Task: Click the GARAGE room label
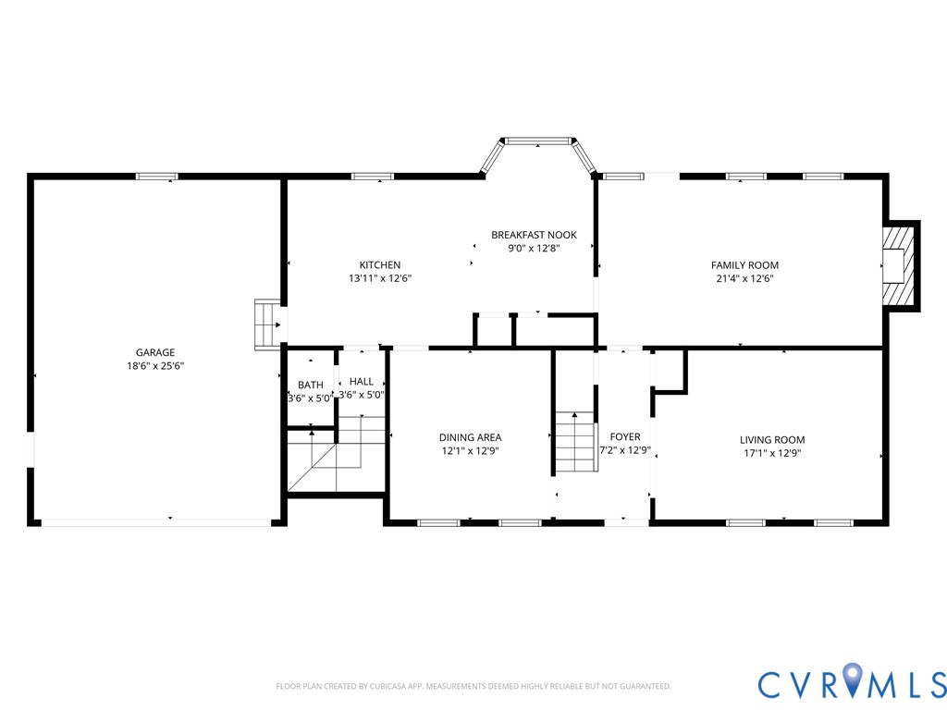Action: pos(155,352)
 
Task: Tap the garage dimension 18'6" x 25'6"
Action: pos(155,365)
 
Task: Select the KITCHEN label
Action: pos(380,265)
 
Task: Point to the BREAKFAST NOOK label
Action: pos(534,235)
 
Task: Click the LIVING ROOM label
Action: pos(772,440)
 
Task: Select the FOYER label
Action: pos(624,437)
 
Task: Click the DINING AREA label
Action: pos(470,437)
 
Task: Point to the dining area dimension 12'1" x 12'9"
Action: pos(470,451)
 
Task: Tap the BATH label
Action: pos(310,385)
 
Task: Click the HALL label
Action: pos(362,381)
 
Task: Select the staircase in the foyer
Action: pos(575,443)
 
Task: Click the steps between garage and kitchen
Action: pos(267,324)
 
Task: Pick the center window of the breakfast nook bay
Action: pos(537,141)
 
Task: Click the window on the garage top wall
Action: pos(157,176)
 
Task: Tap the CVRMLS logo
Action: pos(852,683)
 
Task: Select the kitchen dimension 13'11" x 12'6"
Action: pos(380,278)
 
